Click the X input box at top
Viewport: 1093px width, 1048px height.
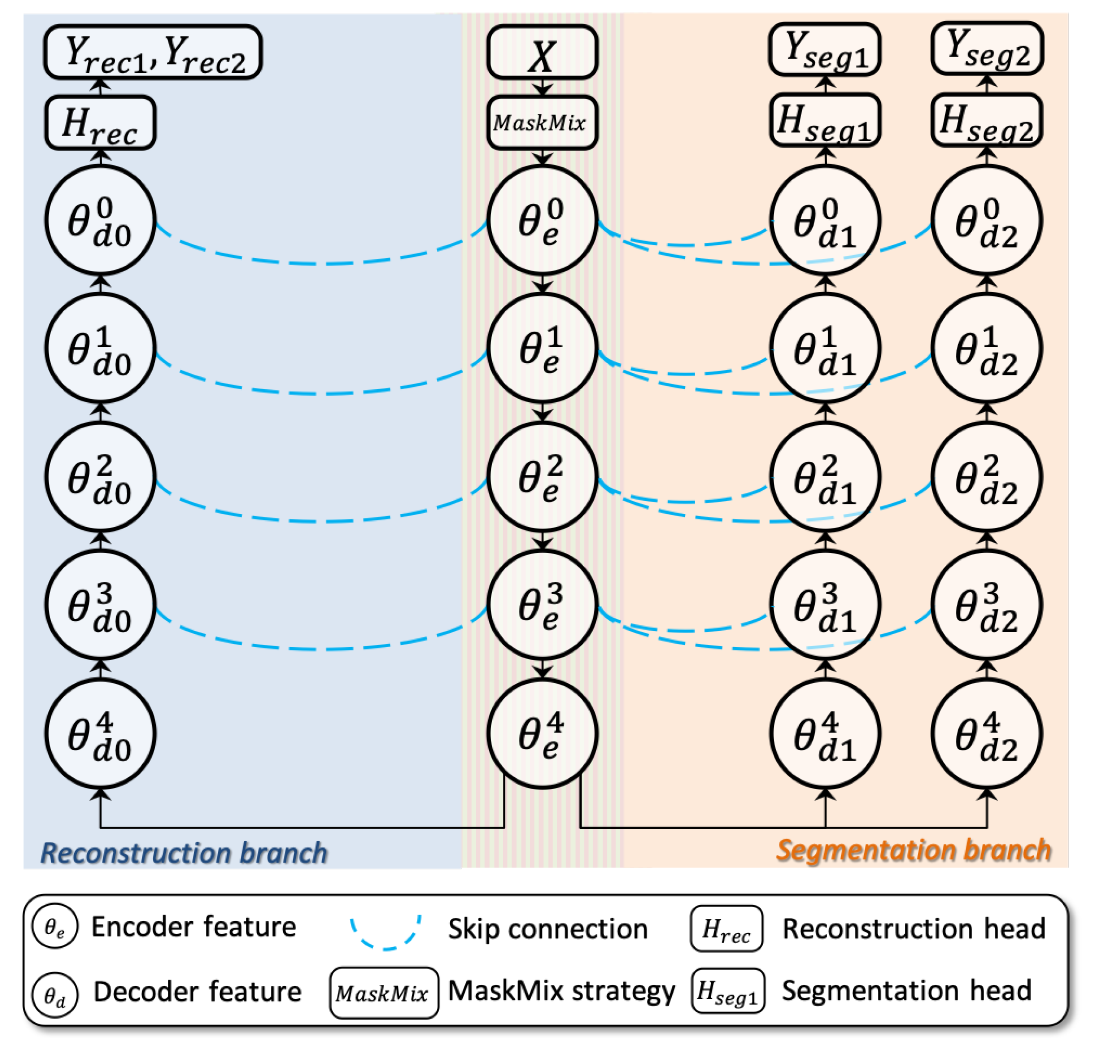(x=542, y=53)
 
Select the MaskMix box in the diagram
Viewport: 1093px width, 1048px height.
(x=542, y=123)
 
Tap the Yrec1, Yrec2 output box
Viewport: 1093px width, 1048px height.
(x=153, y=52)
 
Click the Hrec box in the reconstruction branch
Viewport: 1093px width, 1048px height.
(x=100, y=123)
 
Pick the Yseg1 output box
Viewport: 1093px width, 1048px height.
(x=824, y=49)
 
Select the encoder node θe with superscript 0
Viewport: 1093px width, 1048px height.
(x=542, y=220)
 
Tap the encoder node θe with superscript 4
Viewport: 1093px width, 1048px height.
(x=542, y=733)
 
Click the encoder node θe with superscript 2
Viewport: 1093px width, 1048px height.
(x=542, y=477)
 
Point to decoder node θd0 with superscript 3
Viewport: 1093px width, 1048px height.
(x=100, y=605)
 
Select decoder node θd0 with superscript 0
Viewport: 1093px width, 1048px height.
(x=100, y=220)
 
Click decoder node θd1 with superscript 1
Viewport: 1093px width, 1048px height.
(x=825, y=348)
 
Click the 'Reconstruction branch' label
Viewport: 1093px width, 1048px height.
(x=184, y=853)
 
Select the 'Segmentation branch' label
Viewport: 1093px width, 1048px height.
(x=914, y=851)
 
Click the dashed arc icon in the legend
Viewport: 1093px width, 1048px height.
(x=385, y=931)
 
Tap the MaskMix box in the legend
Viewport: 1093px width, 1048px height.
(x=384, y=993)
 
